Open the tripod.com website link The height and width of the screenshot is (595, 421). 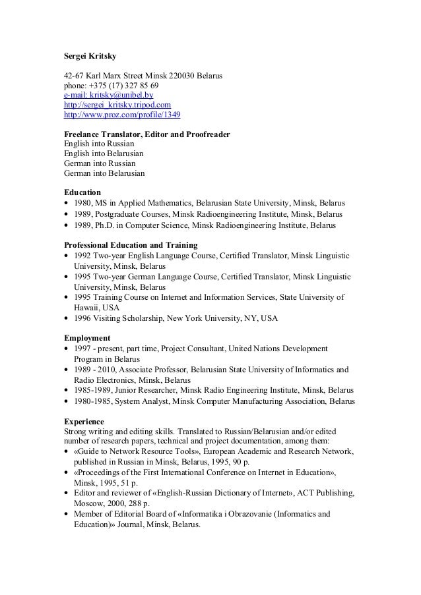click(117, 105)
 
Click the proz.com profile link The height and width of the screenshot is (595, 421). click(121, 115)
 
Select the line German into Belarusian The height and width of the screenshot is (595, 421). click(104, 173)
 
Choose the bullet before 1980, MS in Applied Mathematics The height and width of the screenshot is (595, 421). click(67, 204)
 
